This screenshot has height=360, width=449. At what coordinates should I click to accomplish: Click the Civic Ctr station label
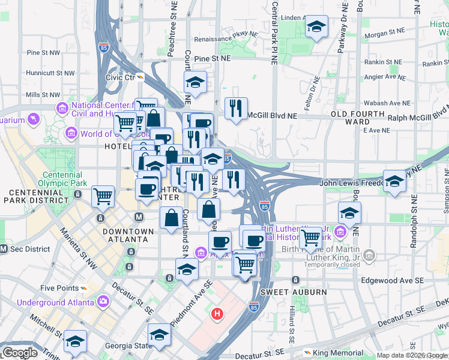(x=120, y=77)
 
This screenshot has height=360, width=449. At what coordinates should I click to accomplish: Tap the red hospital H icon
(x=217, y=313)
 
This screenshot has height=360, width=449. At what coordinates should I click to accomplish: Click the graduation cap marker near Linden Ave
(x=316, y=27)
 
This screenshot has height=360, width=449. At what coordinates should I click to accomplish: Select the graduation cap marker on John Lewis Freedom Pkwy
(x=394, y=181)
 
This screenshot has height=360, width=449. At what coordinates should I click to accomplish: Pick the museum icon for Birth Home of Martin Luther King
(x=370, y=256)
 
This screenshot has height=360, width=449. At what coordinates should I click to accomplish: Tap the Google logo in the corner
(x=20, y=353)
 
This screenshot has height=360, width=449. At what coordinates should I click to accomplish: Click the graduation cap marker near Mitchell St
(x=75, y=341)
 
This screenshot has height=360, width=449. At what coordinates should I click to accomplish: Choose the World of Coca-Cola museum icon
(x=71, y=133)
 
